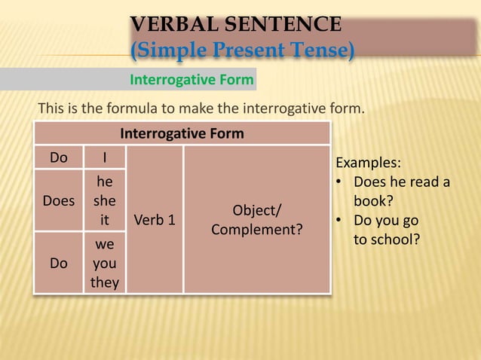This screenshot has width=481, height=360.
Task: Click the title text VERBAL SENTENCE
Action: (x=236, y=25)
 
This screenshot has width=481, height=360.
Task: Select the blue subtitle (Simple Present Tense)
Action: (x=243, y=51)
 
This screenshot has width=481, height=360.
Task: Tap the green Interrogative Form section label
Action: (x=192, y=79)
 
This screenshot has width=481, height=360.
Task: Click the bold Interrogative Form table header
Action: (x=182, y=133)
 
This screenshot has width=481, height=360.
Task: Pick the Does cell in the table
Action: (x=59, y=201)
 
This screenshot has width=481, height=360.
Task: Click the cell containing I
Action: (x=104, y=157)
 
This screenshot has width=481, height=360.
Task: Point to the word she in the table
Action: (x=104, y=201)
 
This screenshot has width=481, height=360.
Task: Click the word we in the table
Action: (x=104, y=246)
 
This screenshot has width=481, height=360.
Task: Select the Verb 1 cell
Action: (x=155, y=221)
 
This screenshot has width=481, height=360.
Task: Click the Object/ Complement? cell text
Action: (x=256, y=219)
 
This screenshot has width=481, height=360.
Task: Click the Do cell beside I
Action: (x=58, y=157)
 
